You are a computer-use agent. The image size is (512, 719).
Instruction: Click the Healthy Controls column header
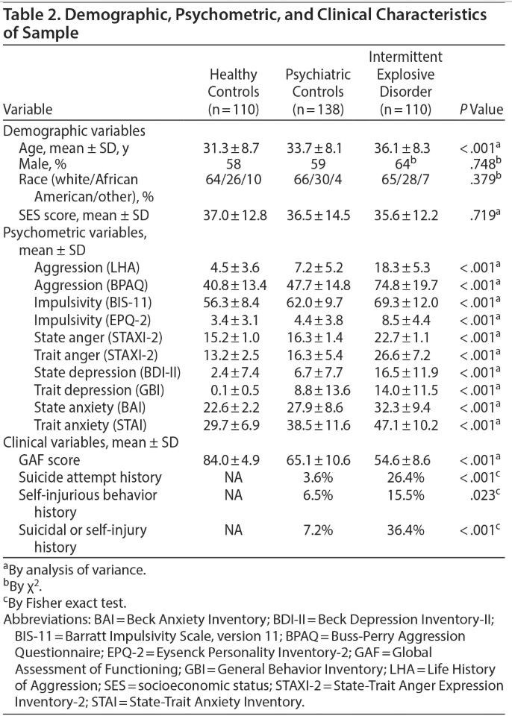coord(234,92)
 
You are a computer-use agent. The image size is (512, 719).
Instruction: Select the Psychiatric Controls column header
coord(318,92)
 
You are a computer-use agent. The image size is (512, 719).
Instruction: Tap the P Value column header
coord(481,110)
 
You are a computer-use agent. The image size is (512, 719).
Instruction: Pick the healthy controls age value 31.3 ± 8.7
coord(234,148)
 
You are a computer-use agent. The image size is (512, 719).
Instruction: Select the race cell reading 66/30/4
coord(318,179)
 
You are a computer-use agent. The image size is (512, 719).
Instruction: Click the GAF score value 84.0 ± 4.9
coord(234,460)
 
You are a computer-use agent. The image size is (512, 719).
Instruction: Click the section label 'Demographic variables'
coord(75,131)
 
